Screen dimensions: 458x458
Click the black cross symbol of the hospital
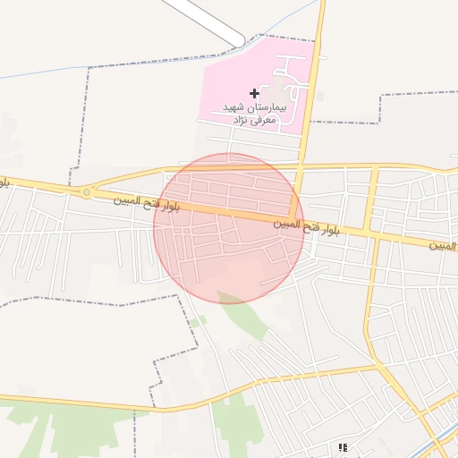tap(255, 93)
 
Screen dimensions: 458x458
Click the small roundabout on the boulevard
tap(87, 192)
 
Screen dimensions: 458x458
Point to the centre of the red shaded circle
tap(229, 228)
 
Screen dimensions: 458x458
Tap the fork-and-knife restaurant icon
tap(342, 447)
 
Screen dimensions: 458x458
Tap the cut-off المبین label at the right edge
tap(442, 244)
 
